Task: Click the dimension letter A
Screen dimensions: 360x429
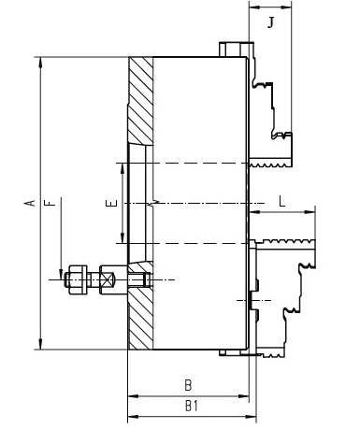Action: click(30, 203)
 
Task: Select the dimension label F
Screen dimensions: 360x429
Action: click(50, 203)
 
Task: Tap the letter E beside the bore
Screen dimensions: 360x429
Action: click(111, 203)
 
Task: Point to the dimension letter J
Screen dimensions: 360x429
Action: click(271, 22)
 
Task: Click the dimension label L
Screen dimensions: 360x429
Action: click(281, 201)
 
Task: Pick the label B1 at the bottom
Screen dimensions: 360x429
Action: click(192, 406)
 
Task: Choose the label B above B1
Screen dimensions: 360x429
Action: click(188, 385)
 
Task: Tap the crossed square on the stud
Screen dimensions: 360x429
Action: click(108, 279)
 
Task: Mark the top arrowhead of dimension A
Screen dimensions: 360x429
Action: click(40, 62)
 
